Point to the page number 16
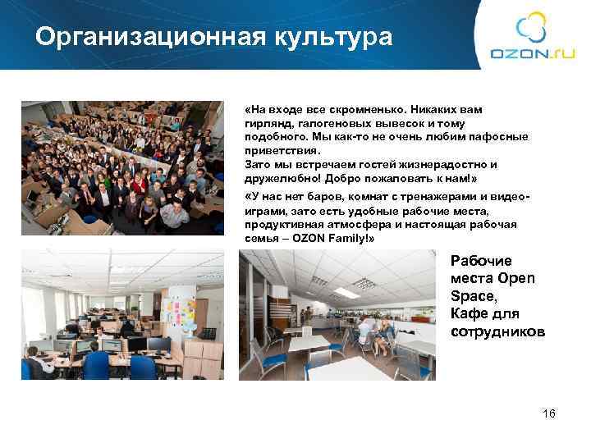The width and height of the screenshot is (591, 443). pos(549,413)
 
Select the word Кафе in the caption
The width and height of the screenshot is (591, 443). pos(470,314)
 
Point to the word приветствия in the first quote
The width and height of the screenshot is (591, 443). pos(277,152)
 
